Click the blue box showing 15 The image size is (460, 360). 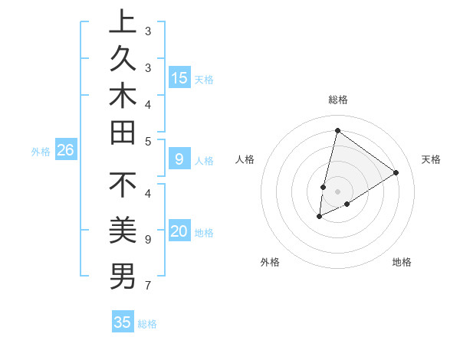coord(179,78)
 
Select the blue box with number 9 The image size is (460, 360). coord(179,159)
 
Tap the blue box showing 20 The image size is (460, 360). coord(179,231)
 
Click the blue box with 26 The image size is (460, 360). coord(65,150)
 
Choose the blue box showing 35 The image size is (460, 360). coord(123,322)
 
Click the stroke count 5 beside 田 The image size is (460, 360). coord(148,141)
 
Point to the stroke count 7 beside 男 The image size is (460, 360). coord(148,286)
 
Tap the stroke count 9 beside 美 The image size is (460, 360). coord(148,240)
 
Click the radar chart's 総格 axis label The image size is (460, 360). coord(337,100)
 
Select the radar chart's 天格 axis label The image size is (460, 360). coord(431,159)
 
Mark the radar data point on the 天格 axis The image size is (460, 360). coord(396,172)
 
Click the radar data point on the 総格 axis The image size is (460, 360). coord(337,130)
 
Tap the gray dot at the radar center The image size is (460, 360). coord(337,191)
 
